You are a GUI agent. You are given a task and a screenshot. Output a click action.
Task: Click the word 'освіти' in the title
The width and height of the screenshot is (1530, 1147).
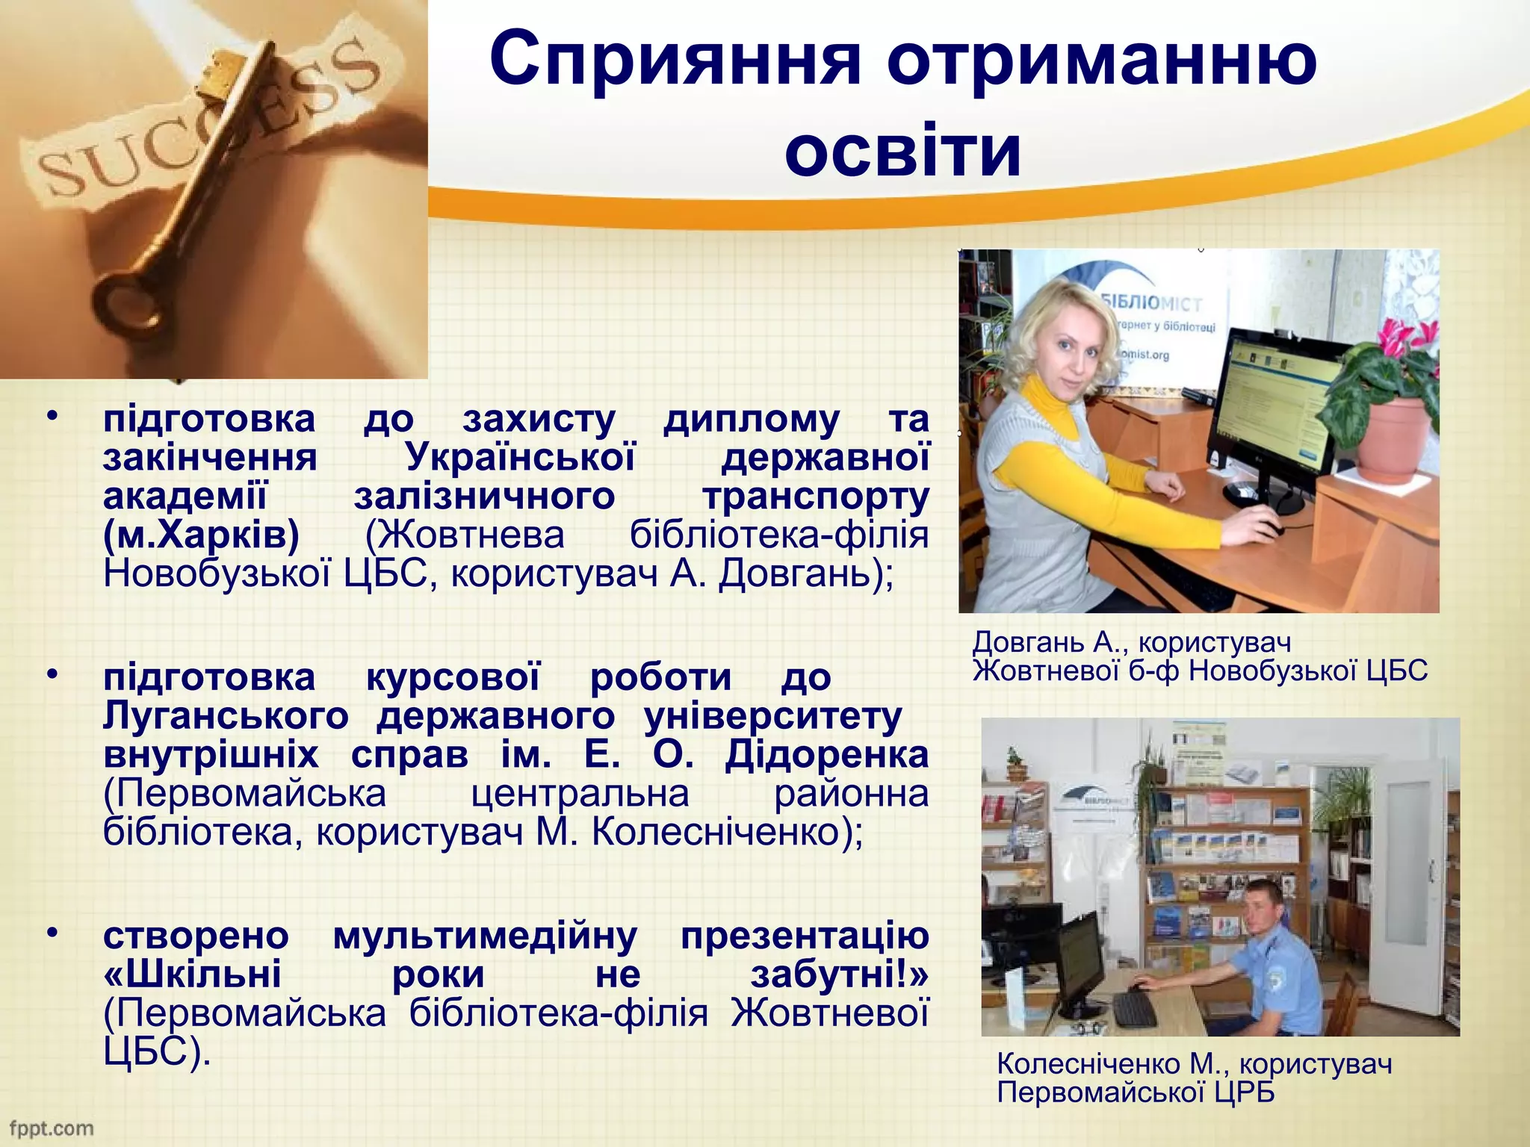pos(902,150)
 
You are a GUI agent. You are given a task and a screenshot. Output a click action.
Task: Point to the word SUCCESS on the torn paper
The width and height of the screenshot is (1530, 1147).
pos(202,119)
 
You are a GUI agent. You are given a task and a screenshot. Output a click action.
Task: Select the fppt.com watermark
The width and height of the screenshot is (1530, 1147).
pos(51,1128)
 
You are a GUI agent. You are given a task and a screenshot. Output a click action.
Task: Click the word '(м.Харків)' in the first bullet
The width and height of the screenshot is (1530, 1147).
pos(201,535)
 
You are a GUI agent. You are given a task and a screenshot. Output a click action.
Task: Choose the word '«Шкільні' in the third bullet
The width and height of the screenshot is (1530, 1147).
pos(192,974)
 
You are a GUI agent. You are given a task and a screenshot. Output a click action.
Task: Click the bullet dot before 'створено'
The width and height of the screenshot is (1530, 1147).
pos(52,933)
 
